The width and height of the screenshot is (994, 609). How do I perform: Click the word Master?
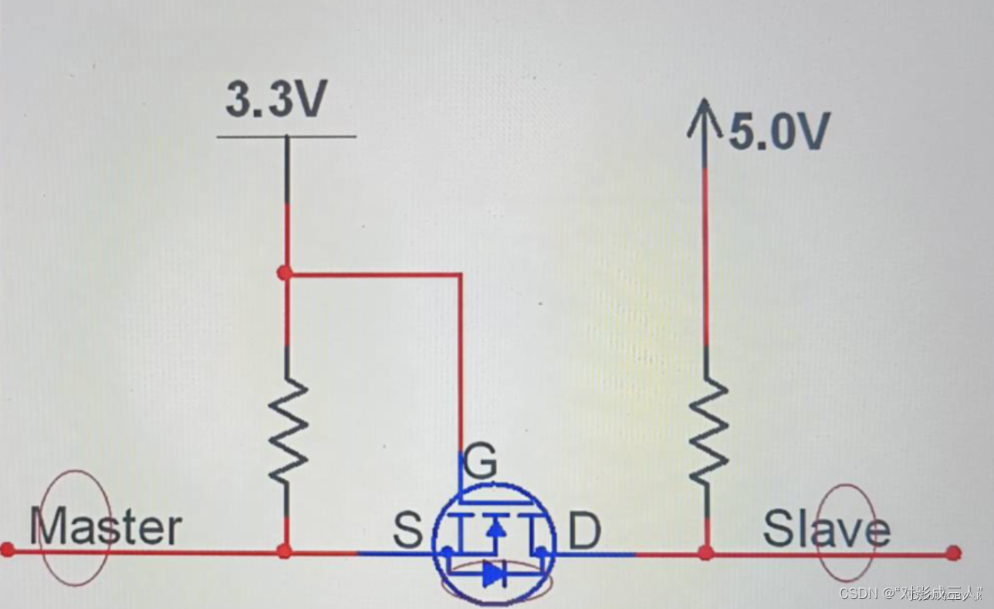pos(106,527)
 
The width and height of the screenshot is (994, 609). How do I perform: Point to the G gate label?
pos(482,464)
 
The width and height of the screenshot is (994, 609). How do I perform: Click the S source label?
pos(407,531)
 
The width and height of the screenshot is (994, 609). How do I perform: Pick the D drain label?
pos(584,532)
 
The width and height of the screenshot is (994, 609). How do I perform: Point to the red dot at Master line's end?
pos(8,550)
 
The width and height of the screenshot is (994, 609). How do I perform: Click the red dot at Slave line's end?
pos(954,553)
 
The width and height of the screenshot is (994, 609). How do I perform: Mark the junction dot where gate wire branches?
pos(285,272)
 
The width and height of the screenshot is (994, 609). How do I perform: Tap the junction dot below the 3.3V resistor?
pos(285,550)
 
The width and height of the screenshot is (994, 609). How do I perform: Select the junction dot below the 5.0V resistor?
pos(705,553)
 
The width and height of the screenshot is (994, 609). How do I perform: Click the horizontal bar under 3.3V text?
pos(286,137)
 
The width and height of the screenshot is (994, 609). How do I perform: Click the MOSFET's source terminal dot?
pos(447,551)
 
